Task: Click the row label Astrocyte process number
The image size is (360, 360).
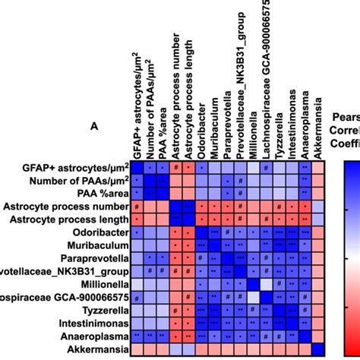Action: tap(65, 207)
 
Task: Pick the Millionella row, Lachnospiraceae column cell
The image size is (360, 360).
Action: tap(266, 283)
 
